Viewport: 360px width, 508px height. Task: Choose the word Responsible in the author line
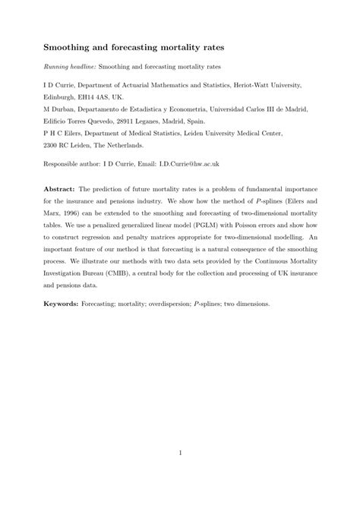(65, 163)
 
